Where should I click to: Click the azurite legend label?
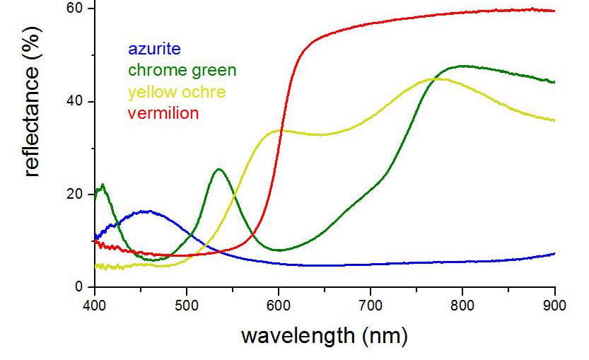(x=153, y=50)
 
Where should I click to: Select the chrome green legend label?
(x=182, y=70)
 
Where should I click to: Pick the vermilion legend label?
(x=163, y=112)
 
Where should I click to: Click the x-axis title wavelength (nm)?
(x=324, y=335)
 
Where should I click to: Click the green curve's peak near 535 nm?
(x=219, y=169)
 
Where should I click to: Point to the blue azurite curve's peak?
(x=146, y=211)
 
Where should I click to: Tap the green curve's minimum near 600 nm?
(x=280, y=250)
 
